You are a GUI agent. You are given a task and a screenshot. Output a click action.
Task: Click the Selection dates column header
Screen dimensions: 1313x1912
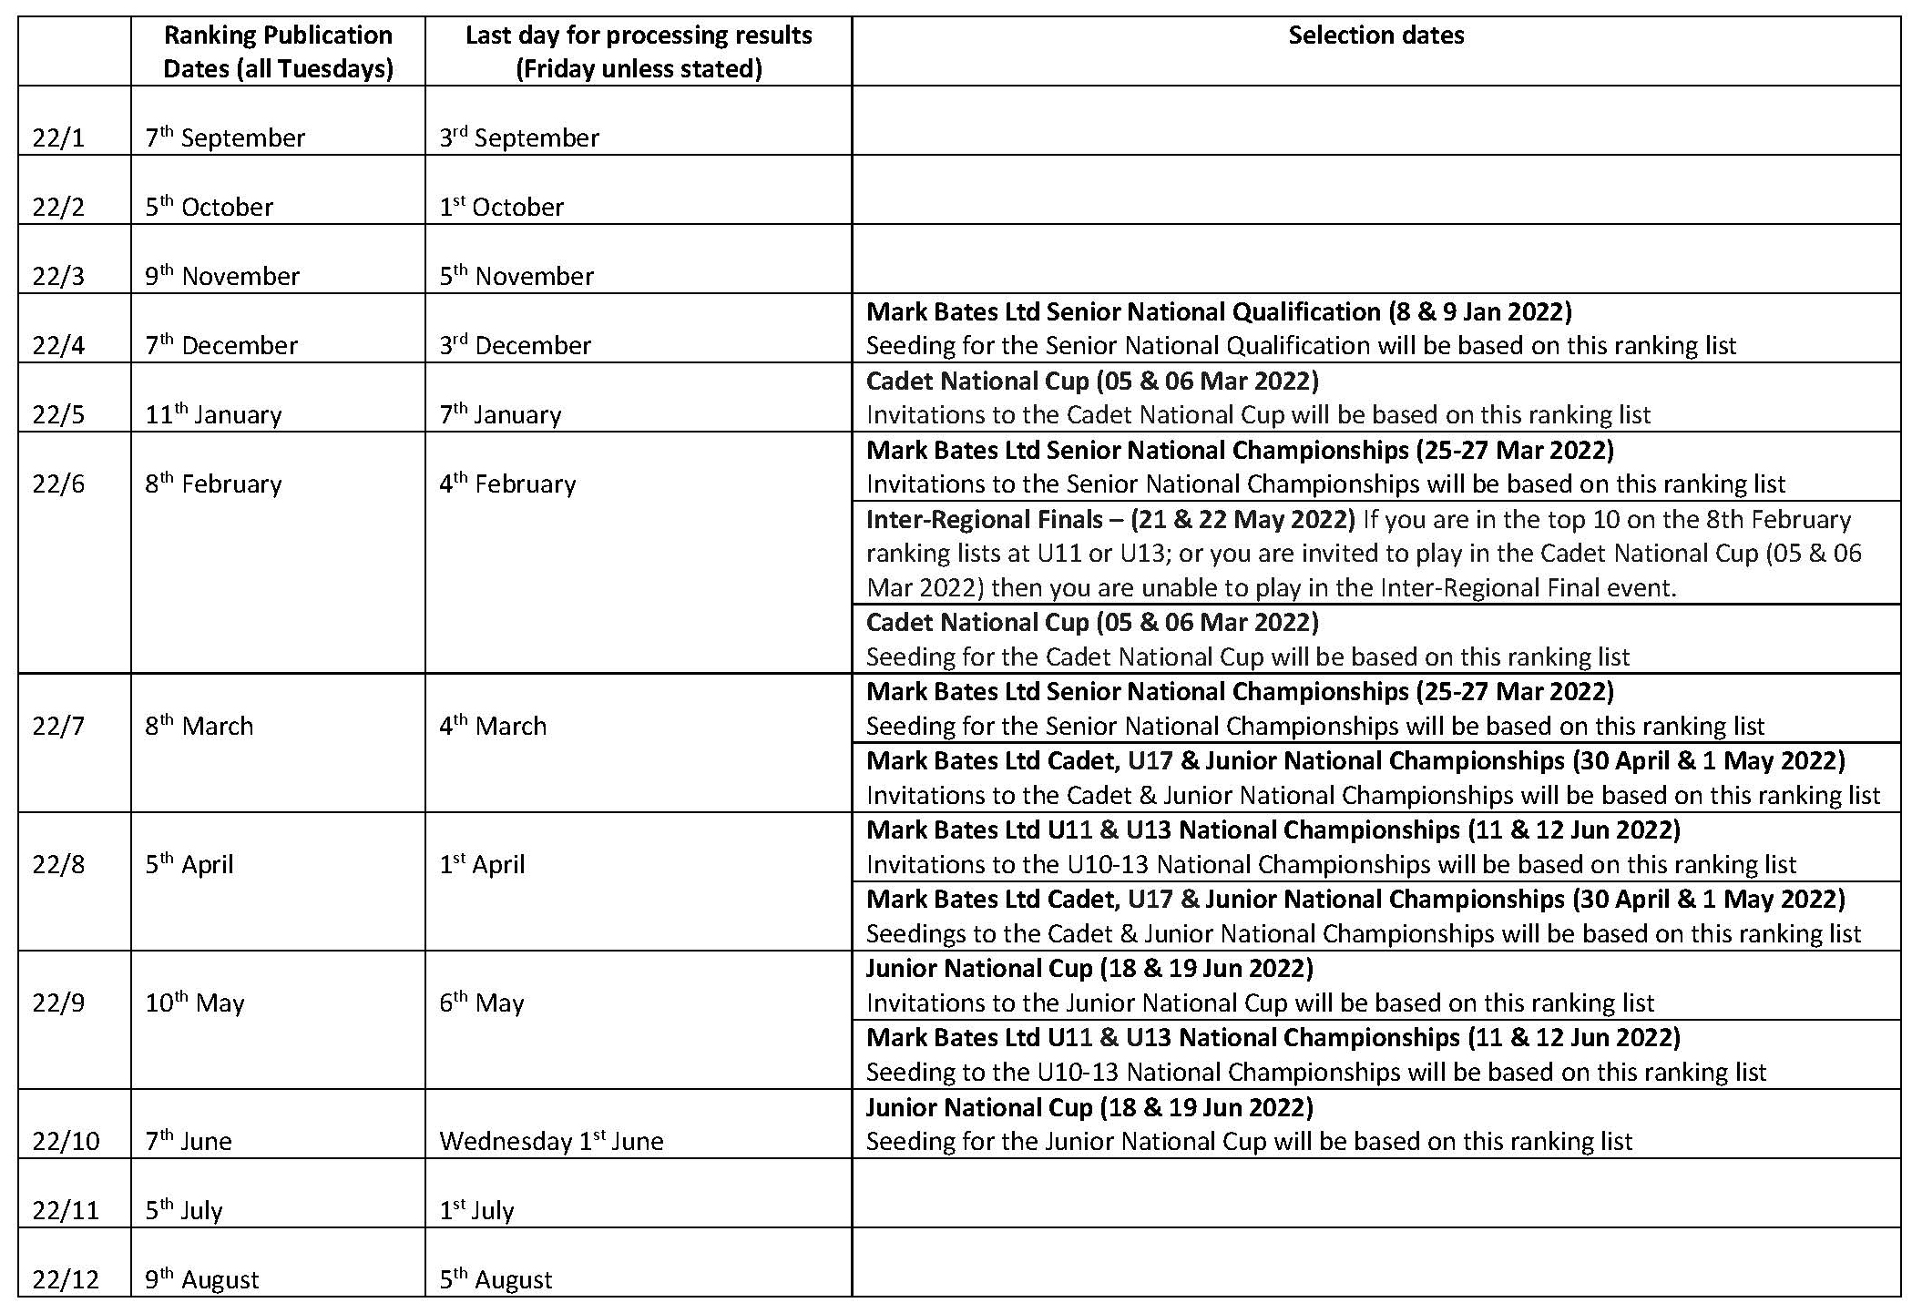click(x=1375, y=36)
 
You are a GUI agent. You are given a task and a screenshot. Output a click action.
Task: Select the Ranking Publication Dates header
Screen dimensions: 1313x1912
click(x=278, y=52)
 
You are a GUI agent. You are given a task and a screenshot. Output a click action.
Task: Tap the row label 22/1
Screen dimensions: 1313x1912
click(x=58, y=138)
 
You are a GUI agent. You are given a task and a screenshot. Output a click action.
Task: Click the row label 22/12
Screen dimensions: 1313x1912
click(x=65, y=1280)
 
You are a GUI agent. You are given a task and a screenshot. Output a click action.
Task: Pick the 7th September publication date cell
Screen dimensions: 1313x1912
click(x=225, y=138)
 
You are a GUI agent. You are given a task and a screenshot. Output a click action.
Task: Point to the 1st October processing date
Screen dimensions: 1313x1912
click(x=501, y=208)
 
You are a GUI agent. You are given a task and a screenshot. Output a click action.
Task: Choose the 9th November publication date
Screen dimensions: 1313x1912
click(x=222, y=277)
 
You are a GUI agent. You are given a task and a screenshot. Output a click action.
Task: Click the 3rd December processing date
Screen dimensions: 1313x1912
click(x=515, y=346)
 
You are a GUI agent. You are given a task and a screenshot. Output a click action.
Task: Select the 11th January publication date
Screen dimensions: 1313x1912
click(x=213, y=415)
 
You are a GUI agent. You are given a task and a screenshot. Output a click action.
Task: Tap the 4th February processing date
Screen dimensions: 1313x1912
click(x=507, y=484)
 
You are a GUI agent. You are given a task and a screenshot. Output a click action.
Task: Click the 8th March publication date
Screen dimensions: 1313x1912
click(x=199, y=727)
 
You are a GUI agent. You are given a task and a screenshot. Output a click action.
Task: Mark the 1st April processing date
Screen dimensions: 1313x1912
click(x=482, y=865)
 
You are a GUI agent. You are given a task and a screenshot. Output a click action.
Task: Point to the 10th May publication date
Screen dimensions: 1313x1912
click(x=195, y=1003)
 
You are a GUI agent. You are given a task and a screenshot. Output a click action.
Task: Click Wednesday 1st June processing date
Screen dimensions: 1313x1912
click(x=551, y=1142)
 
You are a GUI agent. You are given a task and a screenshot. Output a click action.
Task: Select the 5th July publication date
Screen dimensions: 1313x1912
click(x=184, y=1211)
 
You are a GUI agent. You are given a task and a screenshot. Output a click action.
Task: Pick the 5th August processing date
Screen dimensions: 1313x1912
click(x=496, y=1280)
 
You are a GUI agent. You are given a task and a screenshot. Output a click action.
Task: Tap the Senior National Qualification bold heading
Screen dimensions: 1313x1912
click(x=1219, y=312)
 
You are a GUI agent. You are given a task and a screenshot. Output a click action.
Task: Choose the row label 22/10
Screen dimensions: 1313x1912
click(x=65, y=1142)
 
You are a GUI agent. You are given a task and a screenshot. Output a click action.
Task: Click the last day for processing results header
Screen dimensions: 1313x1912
click(x=639, y=52)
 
